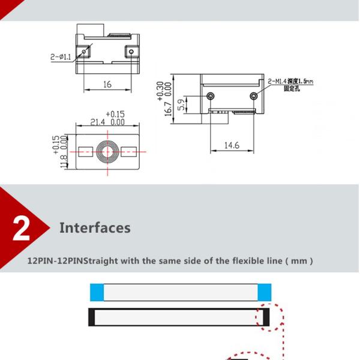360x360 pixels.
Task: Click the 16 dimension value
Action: pos(107,84)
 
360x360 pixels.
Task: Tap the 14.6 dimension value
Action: pos(232,145)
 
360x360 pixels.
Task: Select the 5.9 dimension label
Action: pos(181,104)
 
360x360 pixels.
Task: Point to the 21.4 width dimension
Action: pos(98,122)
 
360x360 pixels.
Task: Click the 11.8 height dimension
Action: pos(64,161)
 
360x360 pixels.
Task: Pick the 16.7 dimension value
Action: pos(168,109)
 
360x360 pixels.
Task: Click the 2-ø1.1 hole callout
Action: pos(61,57)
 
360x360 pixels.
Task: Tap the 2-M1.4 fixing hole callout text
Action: pos(290,84)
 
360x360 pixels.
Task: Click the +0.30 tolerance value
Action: pos(160,91)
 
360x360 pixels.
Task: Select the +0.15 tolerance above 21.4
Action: pos(115,114)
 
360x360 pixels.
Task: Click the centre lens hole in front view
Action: pos(107,152)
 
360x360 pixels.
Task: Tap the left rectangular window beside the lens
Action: pos(86,152)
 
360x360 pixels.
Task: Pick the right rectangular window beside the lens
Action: pos(129,152)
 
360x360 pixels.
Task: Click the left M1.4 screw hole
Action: pos(211,96)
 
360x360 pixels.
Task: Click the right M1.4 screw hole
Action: pos(253,96)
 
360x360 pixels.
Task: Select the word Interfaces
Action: pos(95,228)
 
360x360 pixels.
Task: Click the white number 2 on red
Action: pos(22,229)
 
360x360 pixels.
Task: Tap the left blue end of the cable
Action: pos(97,292)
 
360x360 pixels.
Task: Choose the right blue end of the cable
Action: pos(265,292)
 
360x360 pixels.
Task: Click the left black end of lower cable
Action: pos(92,317)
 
